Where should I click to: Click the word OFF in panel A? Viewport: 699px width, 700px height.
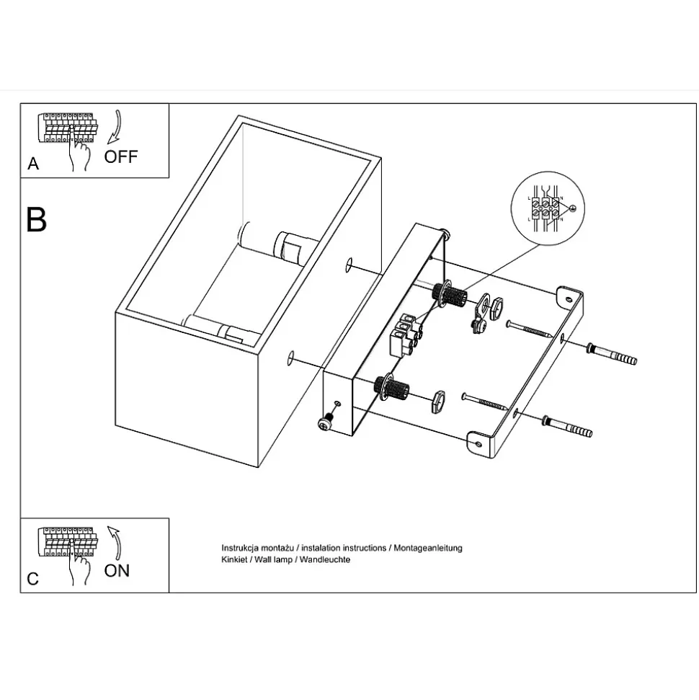point(121,156)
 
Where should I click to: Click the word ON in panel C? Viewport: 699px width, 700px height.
point(117,570)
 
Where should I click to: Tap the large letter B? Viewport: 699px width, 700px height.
point(37,219)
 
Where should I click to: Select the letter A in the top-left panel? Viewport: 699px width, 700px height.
point(33,164)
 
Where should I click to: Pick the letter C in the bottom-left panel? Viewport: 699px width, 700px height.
point(33,579)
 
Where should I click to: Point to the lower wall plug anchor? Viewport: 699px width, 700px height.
point(569,426)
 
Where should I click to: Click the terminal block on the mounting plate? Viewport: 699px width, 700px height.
point(405,336)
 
